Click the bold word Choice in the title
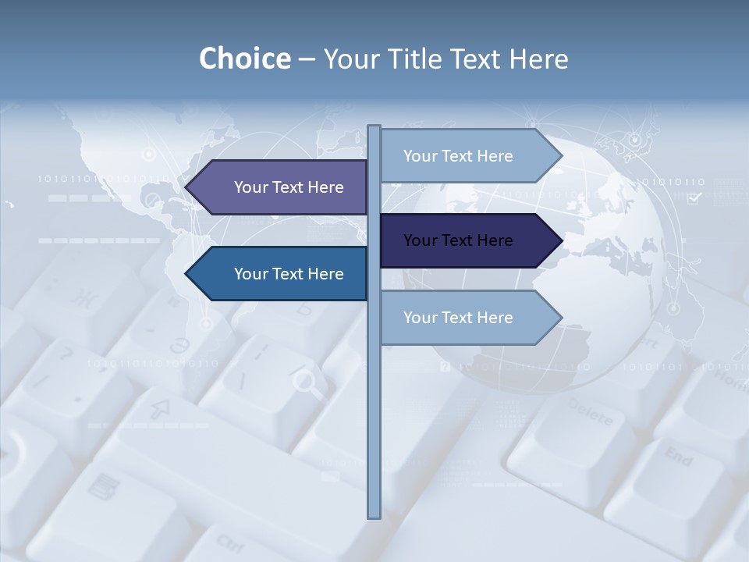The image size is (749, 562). tap(244, 59)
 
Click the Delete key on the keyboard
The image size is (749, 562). tap(590, 411)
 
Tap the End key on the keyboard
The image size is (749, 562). tap(678, 456)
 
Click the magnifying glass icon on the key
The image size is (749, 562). tap(305, 382)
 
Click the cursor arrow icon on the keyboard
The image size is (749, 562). tap(161, 407)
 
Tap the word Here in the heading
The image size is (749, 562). tap(538, 59)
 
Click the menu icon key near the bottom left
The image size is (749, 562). tap(99, 488)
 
